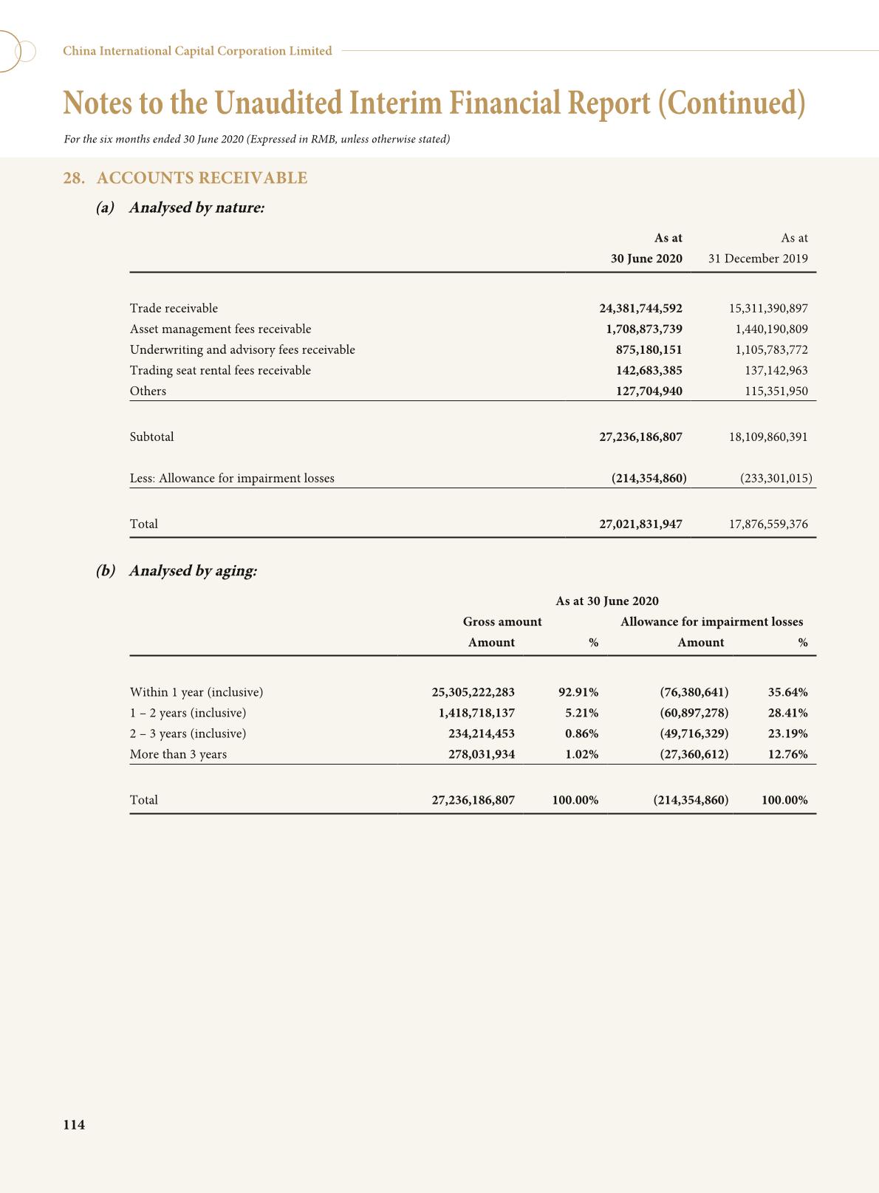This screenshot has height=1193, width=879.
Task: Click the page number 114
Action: coord(74,1125)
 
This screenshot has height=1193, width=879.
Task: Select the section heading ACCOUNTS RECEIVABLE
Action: coord(202,178)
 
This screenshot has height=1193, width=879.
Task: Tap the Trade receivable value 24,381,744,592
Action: coord(640,308)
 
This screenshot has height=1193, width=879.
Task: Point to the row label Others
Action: coord(148,391)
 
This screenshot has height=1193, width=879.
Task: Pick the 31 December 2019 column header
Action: coord(758,259)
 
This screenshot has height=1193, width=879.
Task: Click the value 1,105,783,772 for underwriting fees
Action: coord(771,349)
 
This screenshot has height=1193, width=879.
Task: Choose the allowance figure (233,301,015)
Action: coord(776,478)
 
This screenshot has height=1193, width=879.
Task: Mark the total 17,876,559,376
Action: coord(768,524)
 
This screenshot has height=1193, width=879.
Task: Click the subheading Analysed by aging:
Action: coord(193,571)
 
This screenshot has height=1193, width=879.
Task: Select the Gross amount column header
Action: coord(502,621)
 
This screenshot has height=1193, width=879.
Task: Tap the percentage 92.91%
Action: coord(578,692)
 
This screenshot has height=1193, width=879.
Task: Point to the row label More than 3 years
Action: coord(178,754)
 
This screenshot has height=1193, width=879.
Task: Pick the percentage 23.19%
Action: coord(787,734)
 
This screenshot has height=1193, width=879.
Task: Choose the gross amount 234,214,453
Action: coord(482,734)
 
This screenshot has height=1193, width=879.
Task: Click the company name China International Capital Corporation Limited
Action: coord(197,51)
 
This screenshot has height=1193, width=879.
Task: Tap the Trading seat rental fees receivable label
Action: coord(220,370)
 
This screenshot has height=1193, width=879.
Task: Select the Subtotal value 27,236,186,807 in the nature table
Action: coord(640,437)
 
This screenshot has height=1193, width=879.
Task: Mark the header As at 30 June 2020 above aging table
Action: coord(607,601)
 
